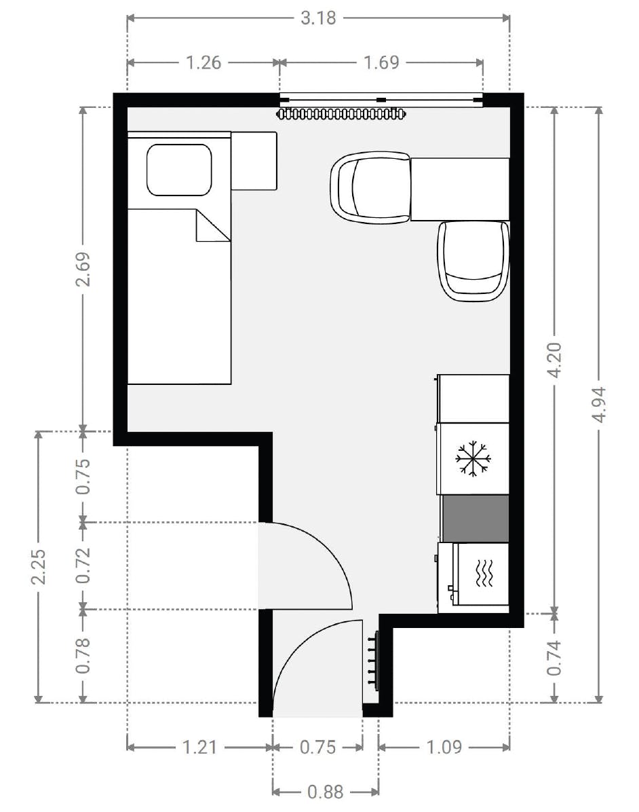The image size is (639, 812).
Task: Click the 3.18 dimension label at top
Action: (x=318, y=18)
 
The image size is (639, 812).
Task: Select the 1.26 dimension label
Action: (x=204, y=62)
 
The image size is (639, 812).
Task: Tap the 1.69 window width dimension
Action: (x=381, y=62)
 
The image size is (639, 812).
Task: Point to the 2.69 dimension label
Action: (x=83, y=270)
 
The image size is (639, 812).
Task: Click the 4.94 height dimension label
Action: (x=598, y=405)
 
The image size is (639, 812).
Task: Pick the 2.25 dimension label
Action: (x=39, y=567)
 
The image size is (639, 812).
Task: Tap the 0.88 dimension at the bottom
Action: (x=325, y=792)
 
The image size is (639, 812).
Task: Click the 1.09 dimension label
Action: (x=444, y=748)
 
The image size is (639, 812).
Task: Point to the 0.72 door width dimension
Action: (x=83, y=566)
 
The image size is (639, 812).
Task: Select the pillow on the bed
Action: (x=179, y=170)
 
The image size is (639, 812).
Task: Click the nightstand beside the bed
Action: (x=254, y=161)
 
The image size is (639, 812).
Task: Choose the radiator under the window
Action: (x=343, y=113)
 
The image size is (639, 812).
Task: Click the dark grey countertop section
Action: (x=475, y=518)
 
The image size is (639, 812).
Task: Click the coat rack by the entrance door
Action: (x=372, y=659)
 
